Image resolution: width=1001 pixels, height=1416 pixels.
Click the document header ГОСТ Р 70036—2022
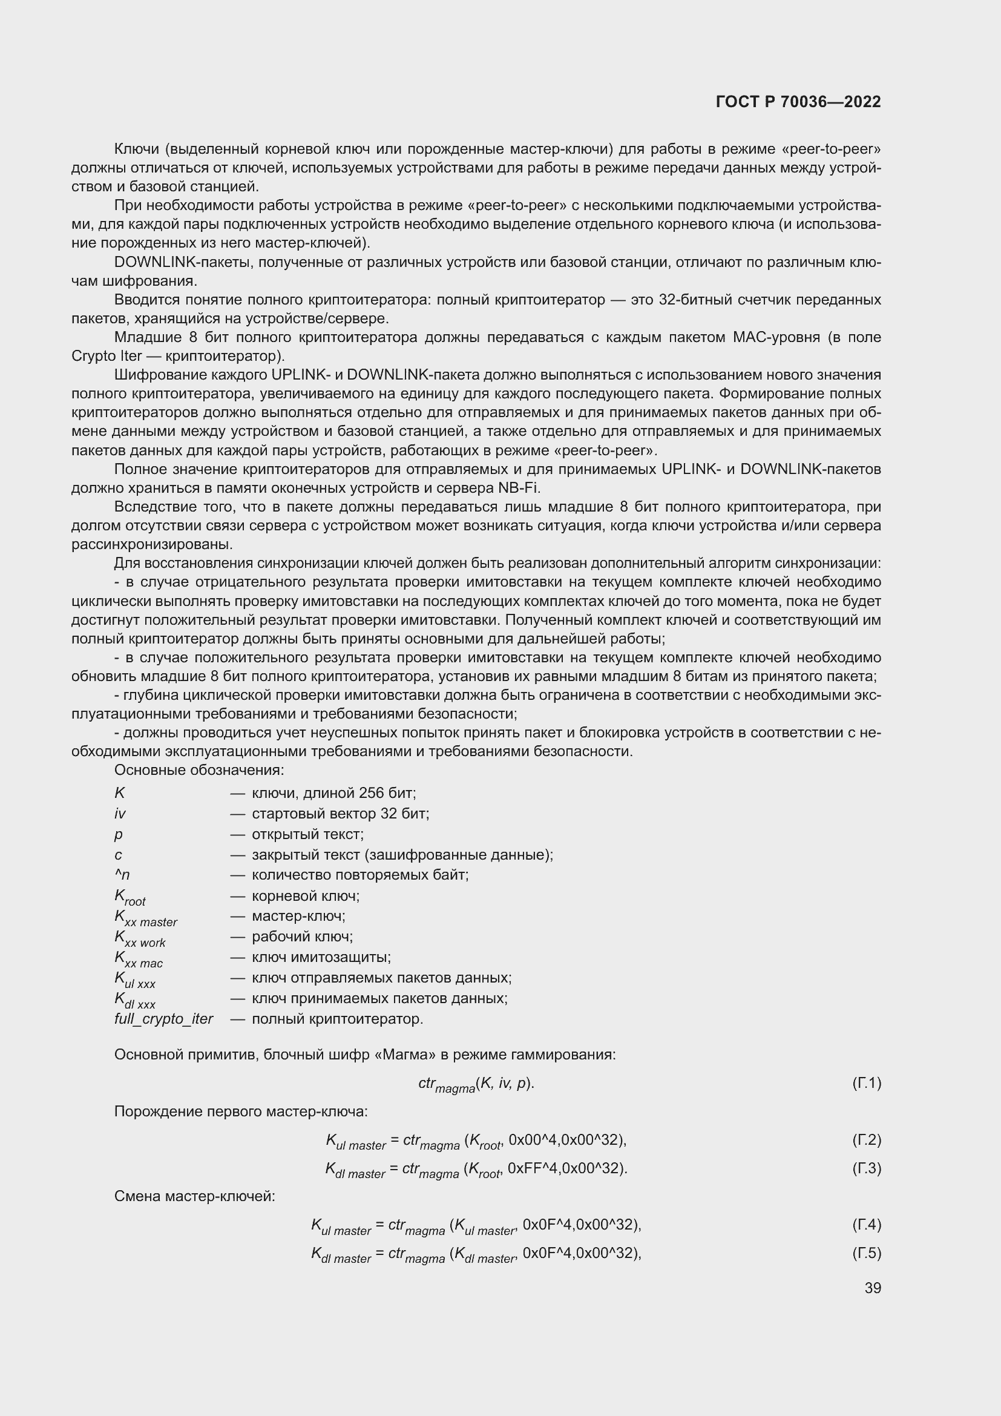798,102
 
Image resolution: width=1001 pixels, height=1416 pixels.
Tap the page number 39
872,1288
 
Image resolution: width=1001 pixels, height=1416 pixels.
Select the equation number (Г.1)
866,1083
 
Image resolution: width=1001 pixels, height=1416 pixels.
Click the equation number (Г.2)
866,1140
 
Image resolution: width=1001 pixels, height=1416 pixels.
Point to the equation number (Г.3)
866,1168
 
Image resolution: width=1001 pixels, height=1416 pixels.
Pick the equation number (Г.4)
866,1224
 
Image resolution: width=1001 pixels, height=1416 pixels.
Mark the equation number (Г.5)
866,1253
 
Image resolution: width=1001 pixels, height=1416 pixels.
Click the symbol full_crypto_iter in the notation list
163,1019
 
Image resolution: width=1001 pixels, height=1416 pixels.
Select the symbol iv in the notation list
120,814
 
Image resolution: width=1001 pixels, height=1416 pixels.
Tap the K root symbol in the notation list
130,897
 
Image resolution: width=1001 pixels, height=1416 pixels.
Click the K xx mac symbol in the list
138,959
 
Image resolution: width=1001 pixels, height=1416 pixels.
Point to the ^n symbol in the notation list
122,875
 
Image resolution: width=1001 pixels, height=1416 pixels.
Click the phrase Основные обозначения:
199,769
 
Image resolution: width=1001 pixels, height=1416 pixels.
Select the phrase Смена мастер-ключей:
194,1196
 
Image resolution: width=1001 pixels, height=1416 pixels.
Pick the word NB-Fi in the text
519,488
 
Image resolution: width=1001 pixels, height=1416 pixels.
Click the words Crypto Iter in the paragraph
107,356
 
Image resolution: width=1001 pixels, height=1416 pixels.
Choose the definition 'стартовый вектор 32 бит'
340,814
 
